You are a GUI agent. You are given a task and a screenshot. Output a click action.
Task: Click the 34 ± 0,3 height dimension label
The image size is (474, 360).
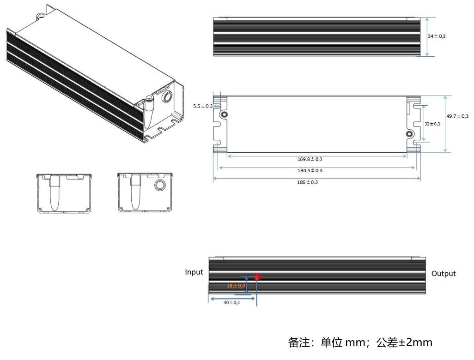tap(437, 36)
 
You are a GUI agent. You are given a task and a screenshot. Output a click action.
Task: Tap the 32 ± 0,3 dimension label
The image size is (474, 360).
tap(432, 124)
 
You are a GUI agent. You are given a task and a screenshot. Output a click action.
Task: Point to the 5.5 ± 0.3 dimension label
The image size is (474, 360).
tap(203, 106)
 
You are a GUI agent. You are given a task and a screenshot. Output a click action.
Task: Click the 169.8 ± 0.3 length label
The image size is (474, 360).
tap(310, 159)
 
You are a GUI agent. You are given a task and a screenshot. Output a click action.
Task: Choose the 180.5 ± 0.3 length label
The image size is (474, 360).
tap(310, 171)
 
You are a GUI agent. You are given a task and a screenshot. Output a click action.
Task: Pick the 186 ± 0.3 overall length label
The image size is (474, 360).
tap(307, 182)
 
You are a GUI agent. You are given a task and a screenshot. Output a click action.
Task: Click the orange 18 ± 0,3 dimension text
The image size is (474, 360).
tap(236, 286)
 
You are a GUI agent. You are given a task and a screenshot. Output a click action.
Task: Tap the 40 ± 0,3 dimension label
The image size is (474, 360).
tap(231, 302)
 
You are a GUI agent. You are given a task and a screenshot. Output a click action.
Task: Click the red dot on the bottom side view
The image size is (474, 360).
tap(258, 277)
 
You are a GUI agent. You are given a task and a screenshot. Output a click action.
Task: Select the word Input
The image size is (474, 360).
tap(194, 272)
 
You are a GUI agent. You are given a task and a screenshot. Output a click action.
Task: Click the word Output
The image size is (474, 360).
tap(444, 274)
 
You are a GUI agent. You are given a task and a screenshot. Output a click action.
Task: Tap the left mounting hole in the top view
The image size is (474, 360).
tap(225, 114)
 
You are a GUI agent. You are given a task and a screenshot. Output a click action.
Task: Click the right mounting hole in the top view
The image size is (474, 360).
tap(409, 134)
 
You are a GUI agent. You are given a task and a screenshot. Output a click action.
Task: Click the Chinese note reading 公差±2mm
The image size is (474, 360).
tap(404, 342)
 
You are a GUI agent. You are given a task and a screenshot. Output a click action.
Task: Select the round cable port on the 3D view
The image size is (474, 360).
tap(166, 97)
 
